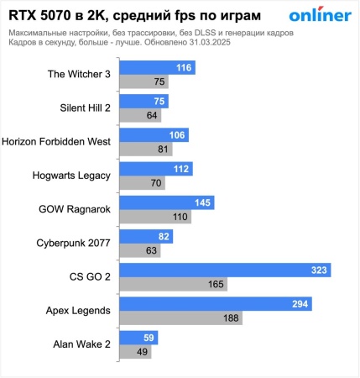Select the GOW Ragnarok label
[x=75, y=209]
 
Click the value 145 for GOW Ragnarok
[x=201, y=202]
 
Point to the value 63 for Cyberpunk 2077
[x=152, y=250]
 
